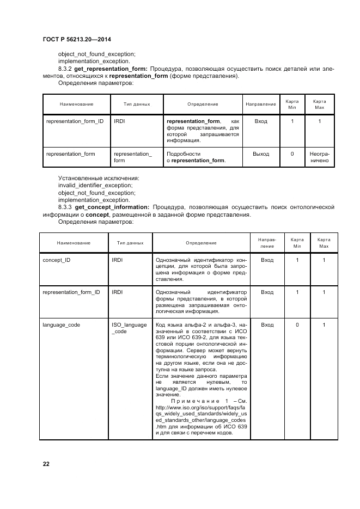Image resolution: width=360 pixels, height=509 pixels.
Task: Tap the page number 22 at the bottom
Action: [46, 463]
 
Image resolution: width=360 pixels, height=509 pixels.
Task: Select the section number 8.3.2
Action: [66, 69]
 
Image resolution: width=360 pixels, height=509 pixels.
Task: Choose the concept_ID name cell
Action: [56, 260]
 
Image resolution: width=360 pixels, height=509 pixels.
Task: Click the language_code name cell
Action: [61, 324]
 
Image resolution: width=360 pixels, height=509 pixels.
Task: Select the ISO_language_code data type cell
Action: [129, 328]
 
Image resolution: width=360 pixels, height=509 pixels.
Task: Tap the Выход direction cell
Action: [261, 154]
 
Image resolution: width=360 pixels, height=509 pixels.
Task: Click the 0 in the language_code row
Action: [297, 324]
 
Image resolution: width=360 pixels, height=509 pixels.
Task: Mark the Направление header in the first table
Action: [261, 103]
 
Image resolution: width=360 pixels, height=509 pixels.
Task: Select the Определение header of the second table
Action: [201, 243]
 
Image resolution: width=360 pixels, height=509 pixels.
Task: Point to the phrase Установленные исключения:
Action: [99, 178]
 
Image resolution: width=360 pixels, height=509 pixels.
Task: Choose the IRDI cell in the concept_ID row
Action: [117, 260]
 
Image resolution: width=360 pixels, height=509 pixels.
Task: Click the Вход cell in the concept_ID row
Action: [267, 260]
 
